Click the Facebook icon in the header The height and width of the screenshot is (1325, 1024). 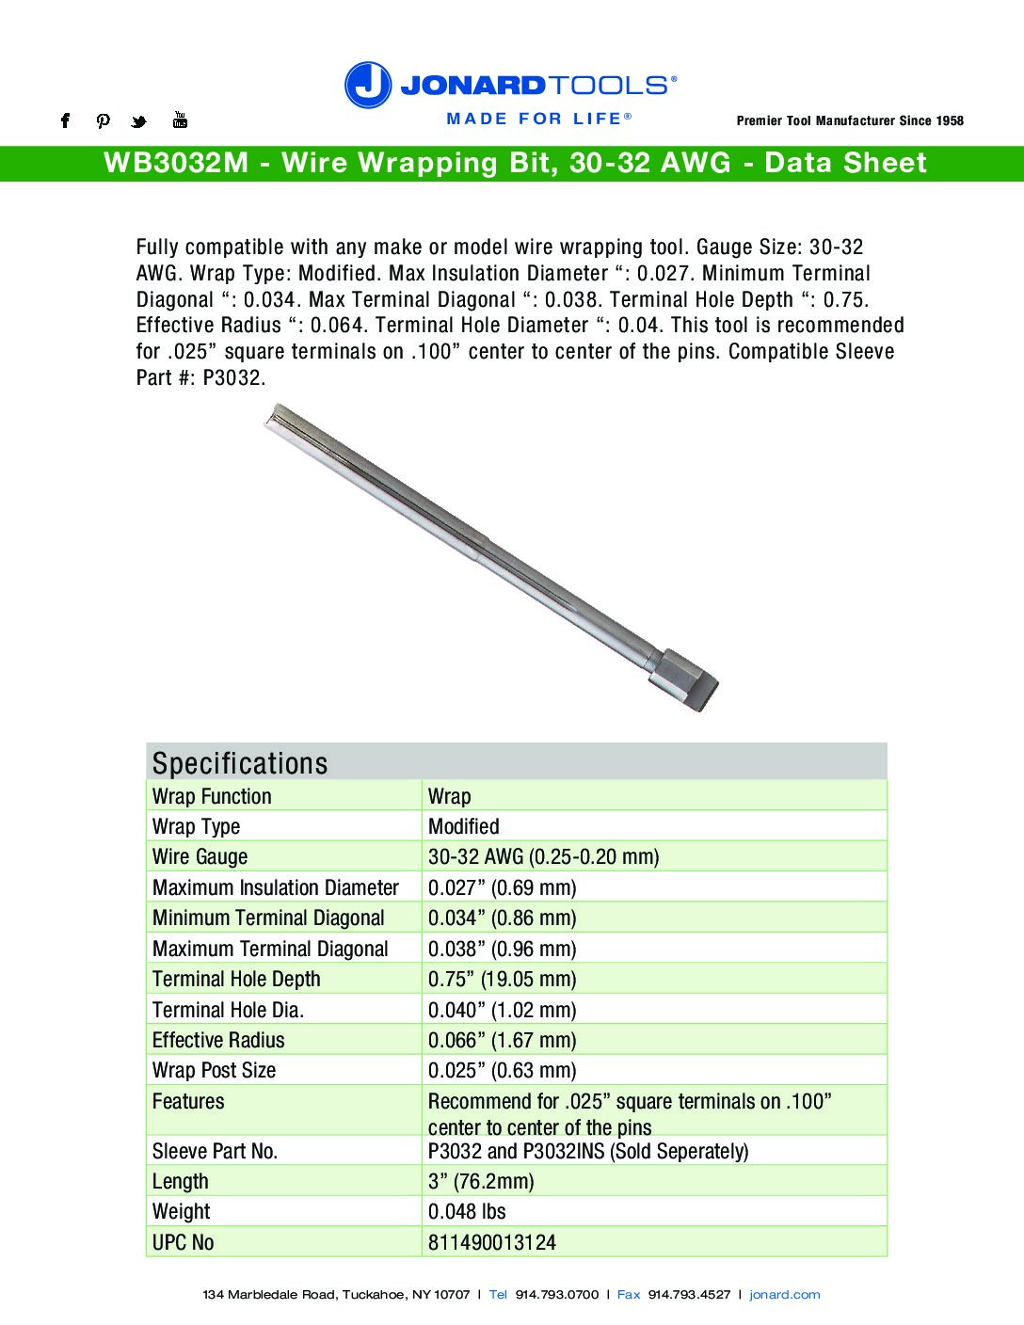tap(65, 120)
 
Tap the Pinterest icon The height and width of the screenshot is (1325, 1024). tap(104, 120)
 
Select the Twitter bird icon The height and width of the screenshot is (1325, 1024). tap(139, 121)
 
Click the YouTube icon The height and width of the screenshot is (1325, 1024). tap(180, 120)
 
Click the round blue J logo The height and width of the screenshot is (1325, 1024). tap(367, 85)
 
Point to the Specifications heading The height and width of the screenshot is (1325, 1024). tap(240, 762)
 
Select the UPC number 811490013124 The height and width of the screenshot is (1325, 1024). tap(491, 1242)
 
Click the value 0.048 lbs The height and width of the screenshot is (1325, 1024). tap(467, 1211)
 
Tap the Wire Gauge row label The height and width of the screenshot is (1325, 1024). tap(200, 856)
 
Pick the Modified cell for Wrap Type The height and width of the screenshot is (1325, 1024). tap(463, 826)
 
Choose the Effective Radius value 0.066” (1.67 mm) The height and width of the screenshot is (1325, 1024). tap(502, 1040)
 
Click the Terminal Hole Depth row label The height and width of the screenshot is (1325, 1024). tap(236, 979)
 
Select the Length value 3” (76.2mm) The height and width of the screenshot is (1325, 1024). tap(481, 1181)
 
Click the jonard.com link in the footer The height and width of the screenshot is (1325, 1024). tap(784, 1295)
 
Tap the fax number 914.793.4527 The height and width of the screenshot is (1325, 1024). tap(689, 1295)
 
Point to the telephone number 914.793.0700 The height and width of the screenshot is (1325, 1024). tap(556, 1295)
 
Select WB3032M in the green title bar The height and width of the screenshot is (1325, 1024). tap(176, 163)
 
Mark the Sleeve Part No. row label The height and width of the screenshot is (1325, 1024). tap(215, 1151)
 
